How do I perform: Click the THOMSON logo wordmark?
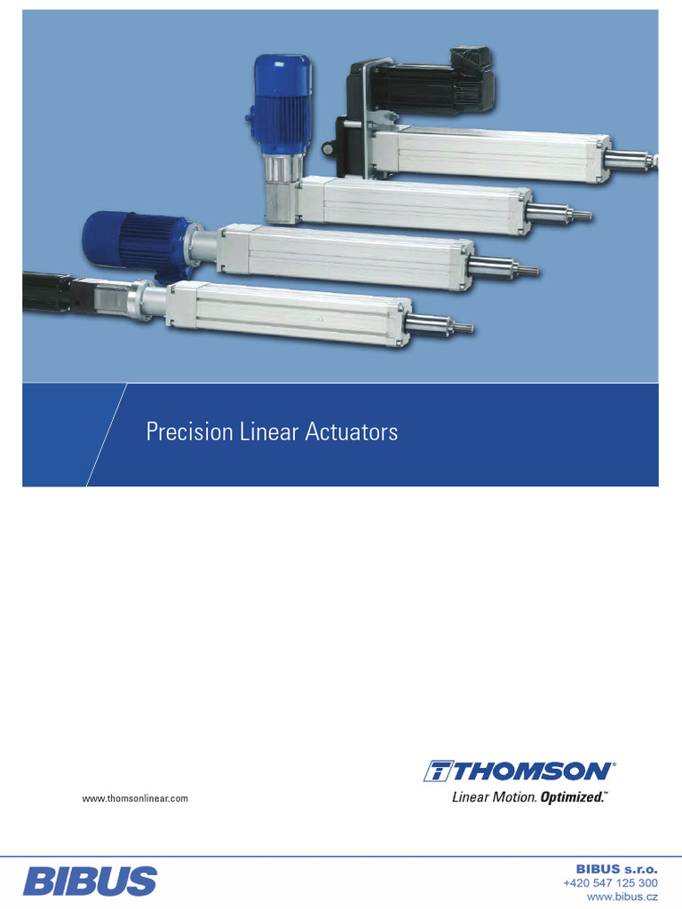(x=520, y=771)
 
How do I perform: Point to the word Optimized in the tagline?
(x=573, y=797)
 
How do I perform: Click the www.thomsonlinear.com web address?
(x=135, y=799)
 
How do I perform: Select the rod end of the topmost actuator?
(x=631, y=161)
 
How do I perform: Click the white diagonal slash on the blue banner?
(x=107, y=435)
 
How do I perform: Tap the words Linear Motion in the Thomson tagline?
(x=494, y=797)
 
